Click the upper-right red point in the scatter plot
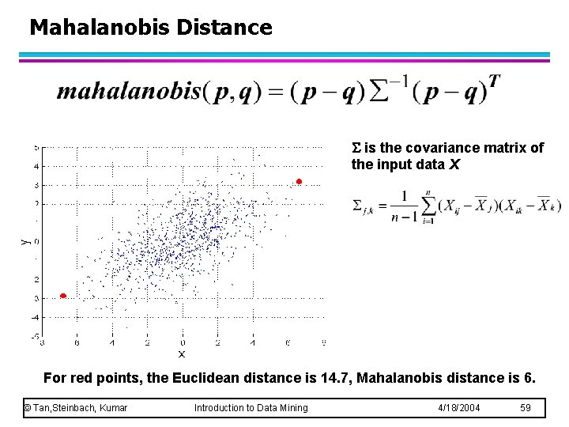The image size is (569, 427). pyautogui.click(x=299, y=182)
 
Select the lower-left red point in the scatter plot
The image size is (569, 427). pyautogui.click(x=63, y=296)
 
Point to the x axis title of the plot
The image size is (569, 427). pyautogui.click(x=181, y=354)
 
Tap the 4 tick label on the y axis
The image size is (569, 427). pyautogui.click(x=36, y=166)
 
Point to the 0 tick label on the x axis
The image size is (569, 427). pyautogui.click(x=182, y=343)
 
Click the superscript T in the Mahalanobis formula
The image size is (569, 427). pyautogui.click(x=494, y=81)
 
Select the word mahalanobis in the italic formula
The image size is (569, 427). pyautogui.click(x=129, y=92)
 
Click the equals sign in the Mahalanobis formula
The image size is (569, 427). pyautogui.click(x=276, y=93)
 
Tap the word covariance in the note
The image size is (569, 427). pyautogui.click(x=439, y=148)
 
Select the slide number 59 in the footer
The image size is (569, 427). pyautogui.click(x=526, y=408)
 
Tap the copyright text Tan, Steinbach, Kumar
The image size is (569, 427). pyautogui.click(x=76, y=408)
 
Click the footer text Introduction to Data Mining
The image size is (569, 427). pyautogui.click(x=251, y=408)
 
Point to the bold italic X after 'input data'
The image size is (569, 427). pyautogui.click(x=454, y=165)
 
